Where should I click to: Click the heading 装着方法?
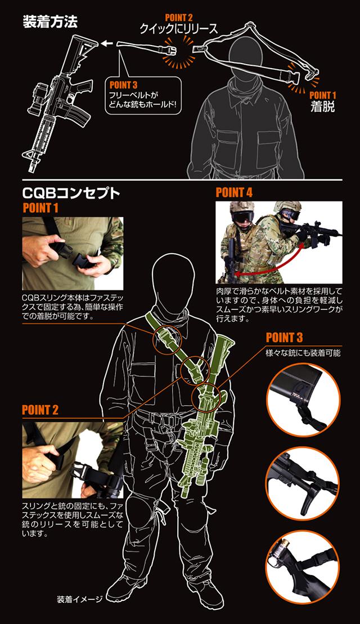click(50, 23)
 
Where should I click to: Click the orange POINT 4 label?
click(235, 193)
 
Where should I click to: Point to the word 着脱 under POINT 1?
click(322, 107)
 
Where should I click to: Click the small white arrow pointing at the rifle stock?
click(106, 43)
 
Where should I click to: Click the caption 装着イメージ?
click(79, 599)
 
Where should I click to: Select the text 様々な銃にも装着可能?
click(303, 353)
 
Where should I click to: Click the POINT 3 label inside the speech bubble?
click(123, 85)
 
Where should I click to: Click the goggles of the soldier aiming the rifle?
click(290, 214)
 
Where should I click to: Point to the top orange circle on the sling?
click(167, 337)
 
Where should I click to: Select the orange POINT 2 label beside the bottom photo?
click(40, 410)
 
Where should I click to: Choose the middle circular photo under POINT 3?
click(303, 483)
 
